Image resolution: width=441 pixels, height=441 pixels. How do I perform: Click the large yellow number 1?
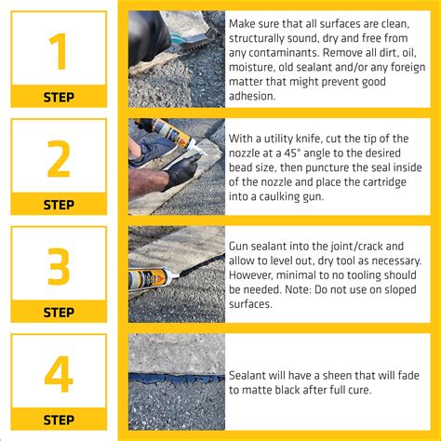tap(58, 52)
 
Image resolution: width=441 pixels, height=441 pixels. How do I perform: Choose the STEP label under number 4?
tap(59, 420)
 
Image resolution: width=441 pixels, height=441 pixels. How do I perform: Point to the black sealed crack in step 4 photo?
tap(176, 380)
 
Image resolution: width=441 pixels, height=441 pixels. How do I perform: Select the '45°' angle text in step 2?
tap(301, 153)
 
